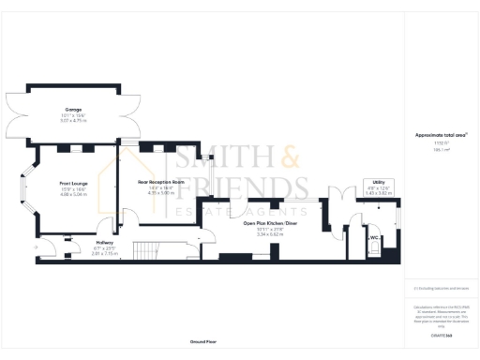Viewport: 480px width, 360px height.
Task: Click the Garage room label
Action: tap(73, 110)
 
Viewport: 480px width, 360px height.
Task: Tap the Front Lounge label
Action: tap(73, 183)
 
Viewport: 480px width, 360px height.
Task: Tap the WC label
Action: tap(372, 238)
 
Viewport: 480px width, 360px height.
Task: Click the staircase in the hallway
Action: tap(142, 250)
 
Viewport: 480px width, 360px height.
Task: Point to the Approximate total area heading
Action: tap(441, 135)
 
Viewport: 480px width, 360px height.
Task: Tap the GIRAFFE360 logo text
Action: tap(441, 335)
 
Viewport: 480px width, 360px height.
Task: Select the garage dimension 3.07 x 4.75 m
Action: tap(73, 121)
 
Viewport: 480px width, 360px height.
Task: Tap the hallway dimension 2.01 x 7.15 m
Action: tap(104, 254)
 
